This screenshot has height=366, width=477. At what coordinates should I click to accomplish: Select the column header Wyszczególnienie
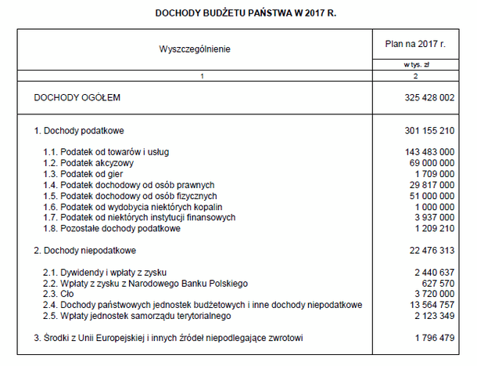point(195,49)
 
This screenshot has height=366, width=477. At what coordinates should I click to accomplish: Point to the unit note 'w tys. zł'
point(416,65)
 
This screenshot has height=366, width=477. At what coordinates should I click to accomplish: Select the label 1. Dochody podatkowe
point(79,130)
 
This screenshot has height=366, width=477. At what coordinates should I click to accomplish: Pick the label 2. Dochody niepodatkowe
point(85,250)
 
